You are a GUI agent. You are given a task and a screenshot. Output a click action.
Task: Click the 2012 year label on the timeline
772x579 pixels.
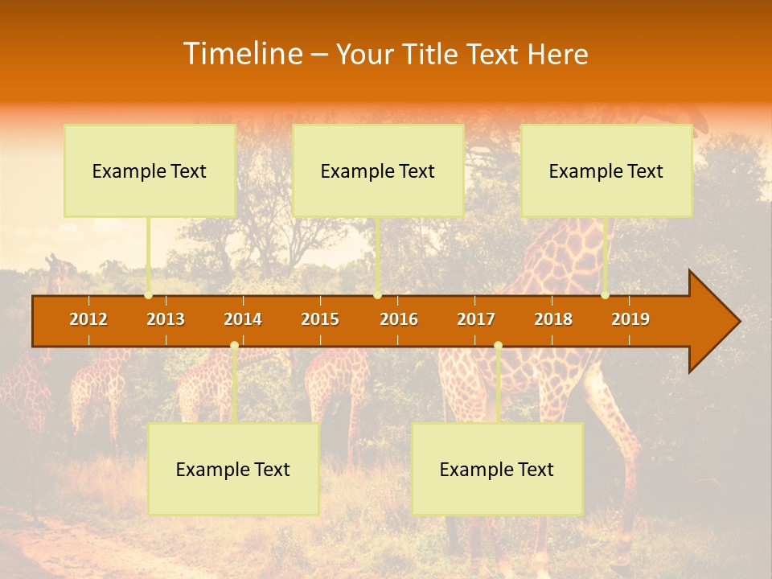(88, 319)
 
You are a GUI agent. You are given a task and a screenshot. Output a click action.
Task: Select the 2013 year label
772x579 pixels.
(166, 319)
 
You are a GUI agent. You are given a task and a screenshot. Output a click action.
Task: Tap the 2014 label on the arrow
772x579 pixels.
(243, 319)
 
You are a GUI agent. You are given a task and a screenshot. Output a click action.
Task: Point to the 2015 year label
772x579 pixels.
(320, 319)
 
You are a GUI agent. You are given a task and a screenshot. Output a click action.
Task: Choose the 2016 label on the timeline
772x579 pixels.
(399, 319)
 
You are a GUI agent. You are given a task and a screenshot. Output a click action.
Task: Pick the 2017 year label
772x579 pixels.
(476, 319)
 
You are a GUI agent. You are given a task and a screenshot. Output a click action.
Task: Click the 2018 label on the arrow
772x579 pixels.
(553, 319)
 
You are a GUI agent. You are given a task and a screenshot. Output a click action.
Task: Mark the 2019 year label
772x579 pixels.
(630, 319)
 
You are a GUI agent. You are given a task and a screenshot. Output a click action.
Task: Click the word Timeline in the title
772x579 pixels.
(242, 54)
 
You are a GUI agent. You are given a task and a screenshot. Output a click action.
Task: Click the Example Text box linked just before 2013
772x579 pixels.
(150, 170)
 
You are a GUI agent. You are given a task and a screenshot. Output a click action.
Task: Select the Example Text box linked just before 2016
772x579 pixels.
(378, 170)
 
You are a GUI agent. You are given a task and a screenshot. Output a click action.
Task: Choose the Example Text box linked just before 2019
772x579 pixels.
(606, 170)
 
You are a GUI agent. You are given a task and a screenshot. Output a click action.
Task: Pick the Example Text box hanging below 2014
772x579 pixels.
(233, 469)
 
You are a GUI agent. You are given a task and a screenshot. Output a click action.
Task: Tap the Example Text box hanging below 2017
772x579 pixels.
(497, 469)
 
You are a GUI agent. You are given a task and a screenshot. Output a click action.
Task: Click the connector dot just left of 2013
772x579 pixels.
(148, 295)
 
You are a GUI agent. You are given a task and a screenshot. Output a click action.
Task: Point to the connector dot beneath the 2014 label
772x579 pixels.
(234, 346)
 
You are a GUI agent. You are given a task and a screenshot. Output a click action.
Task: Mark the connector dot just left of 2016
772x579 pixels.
(377, 295)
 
